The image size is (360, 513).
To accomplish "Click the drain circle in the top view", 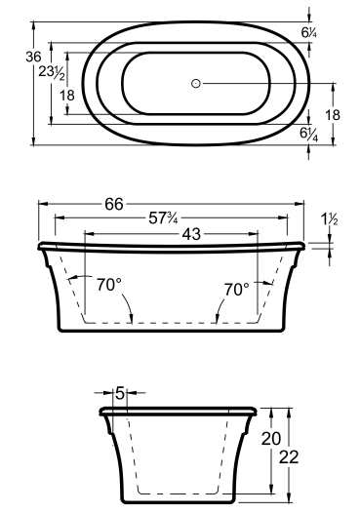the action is pyautogui.click(x=196, y=84).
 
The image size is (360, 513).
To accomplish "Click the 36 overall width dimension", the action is pyautogui.click(x=33, y=57).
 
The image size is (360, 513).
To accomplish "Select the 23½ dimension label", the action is pyautogui.click(x=52, y=72).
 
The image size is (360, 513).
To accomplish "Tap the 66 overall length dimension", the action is pyautogui.click(x=114, y=204).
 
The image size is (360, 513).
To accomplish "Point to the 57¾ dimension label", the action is pyautogui.click(x=163, y=218).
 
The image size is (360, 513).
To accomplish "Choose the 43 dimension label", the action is pyautogui.click(x=191, y=234).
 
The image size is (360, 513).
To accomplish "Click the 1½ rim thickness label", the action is pyautogui.click(x=330, y=218).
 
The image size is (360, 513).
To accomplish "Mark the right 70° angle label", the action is pyautogui.click(x=237, y=290).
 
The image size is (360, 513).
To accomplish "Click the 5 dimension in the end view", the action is pyautogui.click(x=120, y=393).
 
